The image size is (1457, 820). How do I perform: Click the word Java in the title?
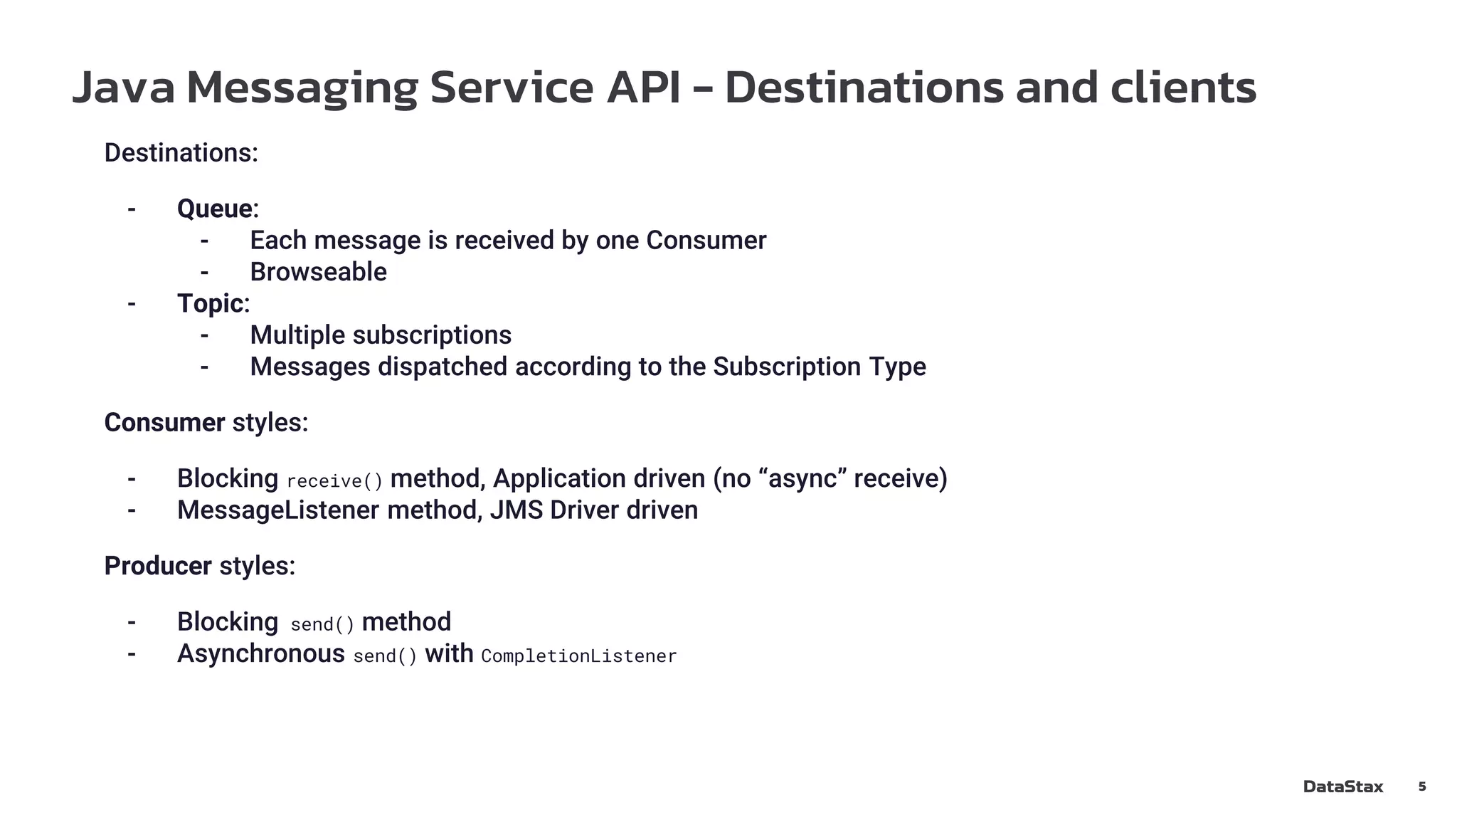123,88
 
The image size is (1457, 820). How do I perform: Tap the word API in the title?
643,88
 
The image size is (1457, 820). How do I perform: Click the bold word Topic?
211,303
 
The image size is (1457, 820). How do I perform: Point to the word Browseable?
318,272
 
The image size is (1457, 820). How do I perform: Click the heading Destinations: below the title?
181,153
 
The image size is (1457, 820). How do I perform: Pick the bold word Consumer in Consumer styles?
164,423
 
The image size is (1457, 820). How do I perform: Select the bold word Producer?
158,566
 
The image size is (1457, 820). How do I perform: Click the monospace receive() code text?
334,481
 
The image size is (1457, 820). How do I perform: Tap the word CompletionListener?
578,656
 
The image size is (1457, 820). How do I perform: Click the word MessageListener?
278,510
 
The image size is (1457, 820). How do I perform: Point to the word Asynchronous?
260,653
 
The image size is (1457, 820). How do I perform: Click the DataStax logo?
1342,787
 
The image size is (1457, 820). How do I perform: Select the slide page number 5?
1421,787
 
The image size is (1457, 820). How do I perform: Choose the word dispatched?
443,367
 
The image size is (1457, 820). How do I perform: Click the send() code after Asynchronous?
385,656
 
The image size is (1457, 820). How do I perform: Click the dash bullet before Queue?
132,209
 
